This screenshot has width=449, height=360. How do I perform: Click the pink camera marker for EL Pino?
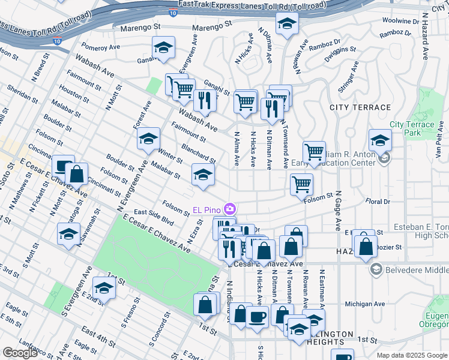[x=229, y=209]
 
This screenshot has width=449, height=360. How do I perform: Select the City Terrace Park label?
[x=411, y=128]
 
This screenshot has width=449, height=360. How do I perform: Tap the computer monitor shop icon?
[x=63, y=166]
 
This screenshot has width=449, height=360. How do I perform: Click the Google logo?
[x=20, y=353]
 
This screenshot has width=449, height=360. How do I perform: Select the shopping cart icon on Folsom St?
[x=301, y=184]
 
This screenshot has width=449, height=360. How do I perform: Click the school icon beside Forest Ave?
[x=148, y=139]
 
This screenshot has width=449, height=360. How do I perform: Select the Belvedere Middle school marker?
[x=376, y=269]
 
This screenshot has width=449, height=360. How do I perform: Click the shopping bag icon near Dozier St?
[x=366, y=246]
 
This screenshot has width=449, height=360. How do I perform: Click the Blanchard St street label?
[x=198, y=152]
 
